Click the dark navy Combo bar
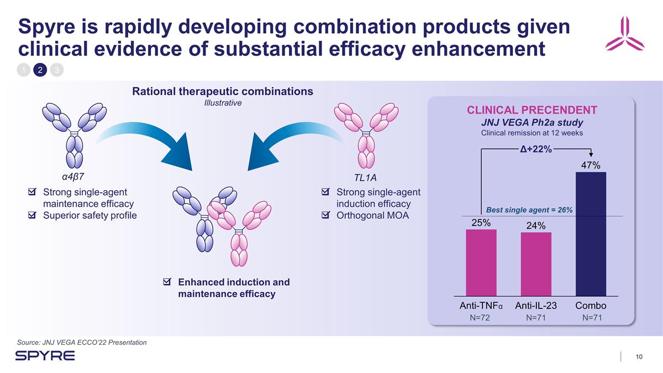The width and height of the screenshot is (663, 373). (591, 234)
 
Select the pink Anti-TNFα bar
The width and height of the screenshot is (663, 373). (481, 262)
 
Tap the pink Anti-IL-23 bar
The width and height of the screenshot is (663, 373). (536, 264)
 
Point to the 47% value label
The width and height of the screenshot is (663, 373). (591, 165)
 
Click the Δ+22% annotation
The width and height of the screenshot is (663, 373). (536, 149)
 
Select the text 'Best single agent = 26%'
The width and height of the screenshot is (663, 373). (529, 210)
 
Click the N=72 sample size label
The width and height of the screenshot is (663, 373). (480, 318)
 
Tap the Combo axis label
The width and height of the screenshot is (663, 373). (591, 306)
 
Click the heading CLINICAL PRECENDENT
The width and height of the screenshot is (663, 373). (532, 110)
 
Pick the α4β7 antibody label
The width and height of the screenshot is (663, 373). (73, 177)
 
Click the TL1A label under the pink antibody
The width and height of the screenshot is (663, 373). (365, 177)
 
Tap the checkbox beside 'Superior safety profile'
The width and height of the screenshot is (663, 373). (32, 215)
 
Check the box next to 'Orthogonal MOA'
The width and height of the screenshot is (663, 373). (325, 215)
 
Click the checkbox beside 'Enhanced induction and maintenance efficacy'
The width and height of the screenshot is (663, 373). (167, 281)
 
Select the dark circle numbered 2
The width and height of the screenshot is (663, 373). (40, 70)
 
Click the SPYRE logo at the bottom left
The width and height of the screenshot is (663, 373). (45, 355)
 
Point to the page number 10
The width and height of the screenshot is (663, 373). (639, 357)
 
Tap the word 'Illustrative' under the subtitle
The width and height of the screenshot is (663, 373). (223, 103)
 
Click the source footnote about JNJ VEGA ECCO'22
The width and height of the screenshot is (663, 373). (82, 343)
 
